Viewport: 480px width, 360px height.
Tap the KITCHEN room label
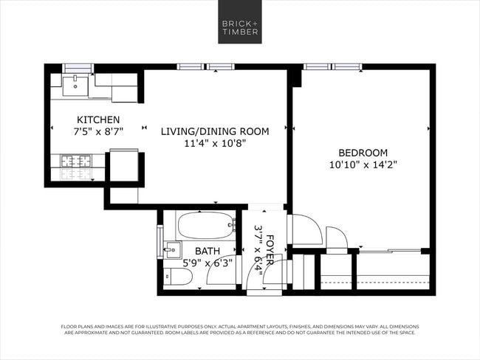98,120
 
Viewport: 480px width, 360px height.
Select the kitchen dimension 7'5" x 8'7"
98,131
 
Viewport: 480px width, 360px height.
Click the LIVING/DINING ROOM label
215,131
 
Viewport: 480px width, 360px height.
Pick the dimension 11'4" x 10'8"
215,143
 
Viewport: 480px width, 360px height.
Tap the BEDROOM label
359,153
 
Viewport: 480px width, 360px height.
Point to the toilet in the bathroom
178,277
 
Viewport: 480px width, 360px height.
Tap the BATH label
208,251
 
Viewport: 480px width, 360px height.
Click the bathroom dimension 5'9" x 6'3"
208,263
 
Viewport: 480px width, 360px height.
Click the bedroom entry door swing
306,229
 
